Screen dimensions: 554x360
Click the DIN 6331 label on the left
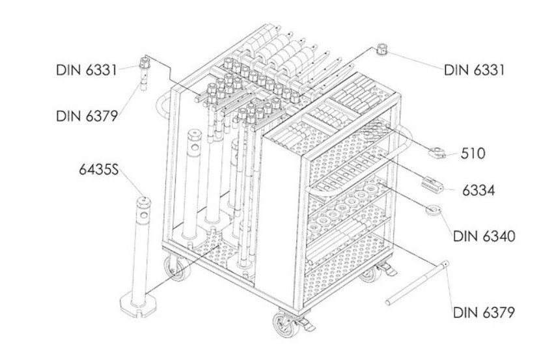86,70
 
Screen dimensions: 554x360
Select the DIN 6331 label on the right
474,70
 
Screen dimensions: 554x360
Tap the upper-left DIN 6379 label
87,116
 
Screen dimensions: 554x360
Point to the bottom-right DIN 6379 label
484,312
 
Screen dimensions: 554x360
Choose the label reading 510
473,154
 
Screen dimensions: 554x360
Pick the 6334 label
478,191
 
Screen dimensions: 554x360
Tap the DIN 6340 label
484,236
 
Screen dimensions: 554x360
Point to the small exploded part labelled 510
437,152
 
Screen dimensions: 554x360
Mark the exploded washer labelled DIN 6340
432,210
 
